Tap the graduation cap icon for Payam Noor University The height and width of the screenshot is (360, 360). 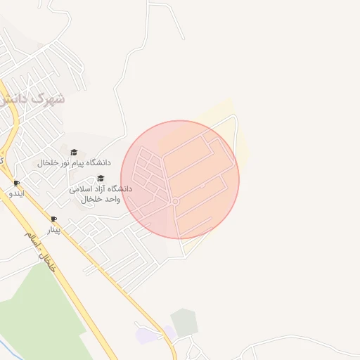[74, 152]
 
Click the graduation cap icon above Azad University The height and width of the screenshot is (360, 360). [100, 179]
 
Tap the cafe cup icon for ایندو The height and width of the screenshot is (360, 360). [16, 184]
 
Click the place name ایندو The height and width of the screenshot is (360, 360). [16, 193]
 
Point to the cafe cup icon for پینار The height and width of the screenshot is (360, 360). [53, 219]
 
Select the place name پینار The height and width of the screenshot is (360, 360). [53, 229]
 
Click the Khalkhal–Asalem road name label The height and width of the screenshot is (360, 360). [39, 251]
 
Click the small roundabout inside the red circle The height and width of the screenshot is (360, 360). [175, 202]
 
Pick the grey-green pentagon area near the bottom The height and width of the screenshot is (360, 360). [184, 322]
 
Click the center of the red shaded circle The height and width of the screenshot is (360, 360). [180, 179]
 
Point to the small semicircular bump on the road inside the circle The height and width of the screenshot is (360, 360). [202, 185]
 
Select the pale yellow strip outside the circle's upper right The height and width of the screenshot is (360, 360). [243, 141]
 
